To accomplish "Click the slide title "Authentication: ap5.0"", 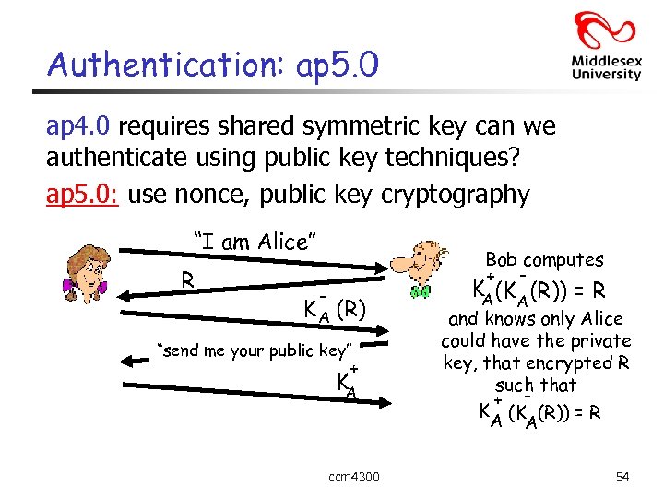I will click(x=212, y=64).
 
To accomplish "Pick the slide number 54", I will click(x=622, y=477).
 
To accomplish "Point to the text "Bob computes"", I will click(x=544, y=260).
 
